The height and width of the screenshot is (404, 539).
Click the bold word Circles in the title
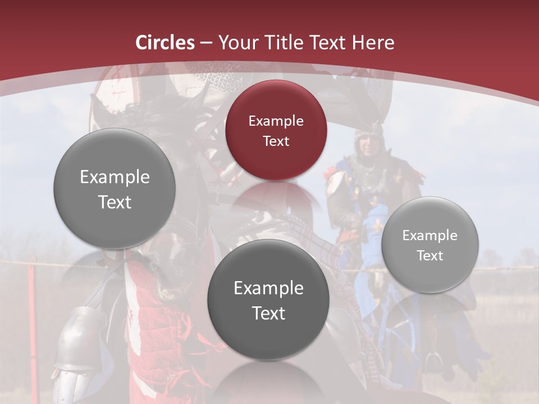coord(165,43)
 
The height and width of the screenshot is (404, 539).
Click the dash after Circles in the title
coord(206,43)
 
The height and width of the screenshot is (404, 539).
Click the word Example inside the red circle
coord(276,121)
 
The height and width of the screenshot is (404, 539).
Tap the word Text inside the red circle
coord(276,141)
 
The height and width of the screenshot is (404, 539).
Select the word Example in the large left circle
coord(115,177)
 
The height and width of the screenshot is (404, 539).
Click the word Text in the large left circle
coord(115,202)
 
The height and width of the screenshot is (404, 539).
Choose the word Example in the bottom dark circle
coord(268,288)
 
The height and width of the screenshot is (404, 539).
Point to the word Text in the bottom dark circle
coord(268,313)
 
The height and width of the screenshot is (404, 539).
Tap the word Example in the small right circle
coord(430,236)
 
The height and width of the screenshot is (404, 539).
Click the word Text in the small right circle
coord(430,256)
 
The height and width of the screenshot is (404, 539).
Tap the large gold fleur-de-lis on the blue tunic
coord(377,226)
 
